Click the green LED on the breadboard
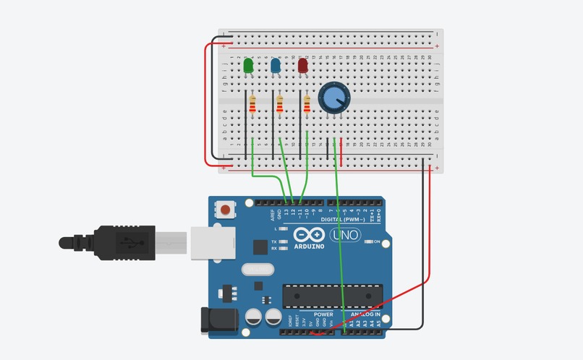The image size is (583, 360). click(x=249, y=67)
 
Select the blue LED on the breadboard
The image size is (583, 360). click(x=276, y=67)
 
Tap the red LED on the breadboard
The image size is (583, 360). click(x=303, y=67)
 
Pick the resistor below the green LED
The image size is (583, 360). click(x=252, y=106)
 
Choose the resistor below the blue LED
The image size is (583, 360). click(x=279, y=106)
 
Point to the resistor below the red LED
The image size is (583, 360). click(x=307, y=106)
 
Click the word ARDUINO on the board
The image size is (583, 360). click(x=309, y=247)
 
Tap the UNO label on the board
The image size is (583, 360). click(x=345, y=235)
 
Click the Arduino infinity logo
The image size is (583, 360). click(x=309, y=235)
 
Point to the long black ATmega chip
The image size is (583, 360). click(x=331, y=296)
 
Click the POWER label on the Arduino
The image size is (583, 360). click(x=323, y=314)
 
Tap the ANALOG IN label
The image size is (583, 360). click(x=366, y=314)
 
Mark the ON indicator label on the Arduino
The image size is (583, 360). click(x=377, y=241)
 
